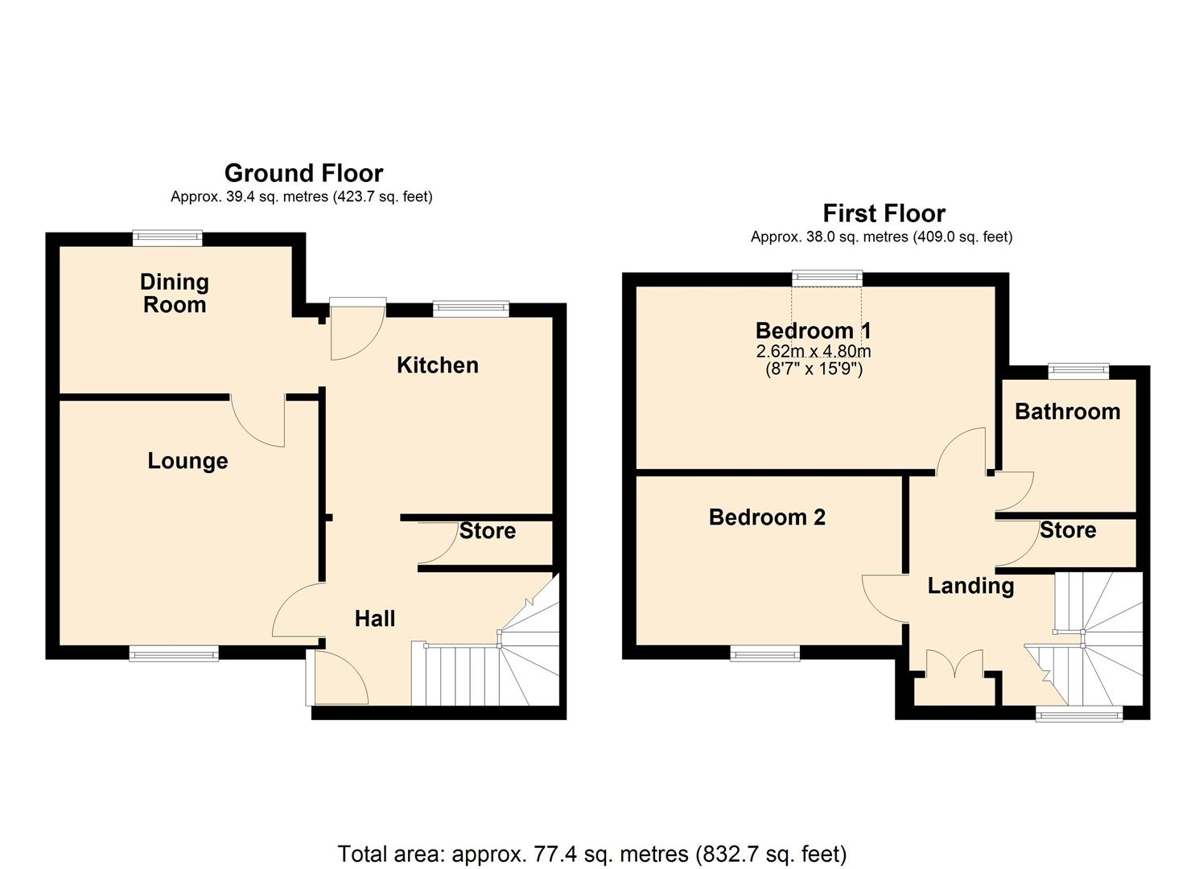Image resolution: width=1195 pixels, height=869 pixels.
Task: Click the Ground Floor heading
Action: [303, 173]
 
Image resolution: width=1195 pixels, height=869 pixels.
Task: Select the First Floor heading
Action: [884, 213]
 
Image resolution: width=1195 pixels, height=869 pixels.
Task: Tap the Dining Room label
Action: [175, 294]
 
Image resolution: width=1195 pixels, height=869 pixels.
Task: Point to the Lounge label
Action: [187, 461]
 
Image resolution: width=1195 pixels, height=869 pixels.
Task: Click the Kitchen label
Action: [438, 365]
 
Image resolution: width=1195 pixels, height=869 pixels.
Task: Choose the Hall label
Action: [375, 619]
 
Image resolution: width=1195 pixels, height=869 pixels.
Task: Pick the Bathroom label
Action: [1068, 412]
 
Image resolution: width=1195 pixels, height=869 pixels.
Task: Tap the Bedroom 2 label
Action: [767, 517]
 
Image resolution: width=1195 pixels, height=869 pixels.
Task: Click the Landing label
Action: [970, 587]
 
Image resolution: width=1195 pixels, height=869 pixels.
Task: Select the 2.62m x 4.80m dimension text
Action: [814, 352]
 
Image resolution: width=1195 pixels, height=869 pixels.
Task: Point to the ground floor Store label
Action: [488, 531]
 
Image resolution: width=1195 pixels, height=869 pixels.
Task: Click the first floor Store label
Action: [1068, 530]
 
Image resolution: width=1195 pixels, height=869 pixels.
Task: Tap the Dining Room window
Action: [167, 238]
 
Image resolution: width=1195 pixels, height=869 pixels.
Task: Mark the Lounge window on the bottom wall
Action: [174, 653]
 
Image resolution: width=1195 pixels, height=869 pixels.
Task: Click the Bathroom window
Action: [1078, 371]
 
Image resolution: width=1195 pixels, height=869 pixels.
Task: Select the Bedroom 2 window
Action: [765, 653]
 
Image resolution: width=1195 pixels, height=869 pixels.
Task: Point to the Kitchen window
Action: [471, 309]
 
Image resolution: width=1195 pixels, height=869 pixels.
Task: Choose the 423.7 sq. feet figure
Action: [382, 197]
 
